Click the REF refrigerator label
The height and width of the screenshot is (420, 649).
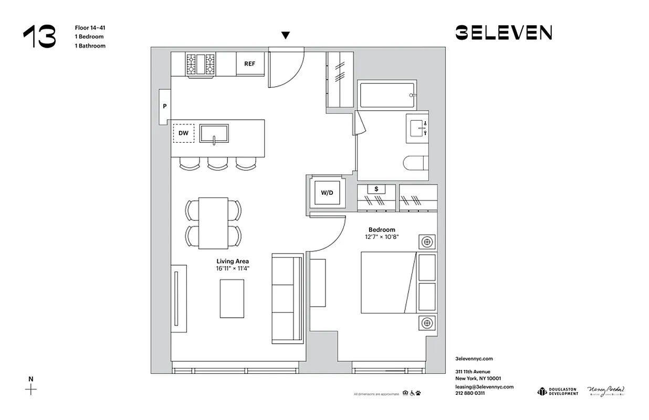pos(249,64)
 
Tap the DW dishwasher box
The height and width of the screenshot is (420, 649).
pos(183,133)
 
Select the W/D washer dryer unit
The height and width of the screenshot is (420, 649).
pos(327,193)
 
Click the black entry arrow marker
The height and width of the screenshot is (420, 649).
pos(285,35)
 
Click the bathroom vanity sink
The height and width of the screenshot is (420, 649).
pos(418,127)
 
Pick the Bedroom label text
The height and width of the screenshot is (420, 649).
pos(381,229)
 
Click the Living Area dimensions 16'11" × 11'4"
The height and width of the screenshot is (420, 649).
pos(233,268)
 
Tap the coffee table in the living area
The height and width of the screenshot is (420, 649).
pos(232,298)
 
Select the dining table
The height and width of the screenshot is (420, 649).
pos(213,223)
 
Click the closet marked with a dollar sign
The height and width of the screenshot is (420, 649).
pos(376,189)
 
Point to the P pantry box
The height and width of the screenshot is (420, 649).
pos(165,107)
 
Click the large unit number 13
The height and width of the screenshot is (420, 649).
pos(39,37)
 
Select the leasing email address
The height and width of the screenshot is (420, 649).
pos(484,386)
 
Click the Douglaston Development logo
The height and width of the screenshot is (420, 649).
pos(557,392)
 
